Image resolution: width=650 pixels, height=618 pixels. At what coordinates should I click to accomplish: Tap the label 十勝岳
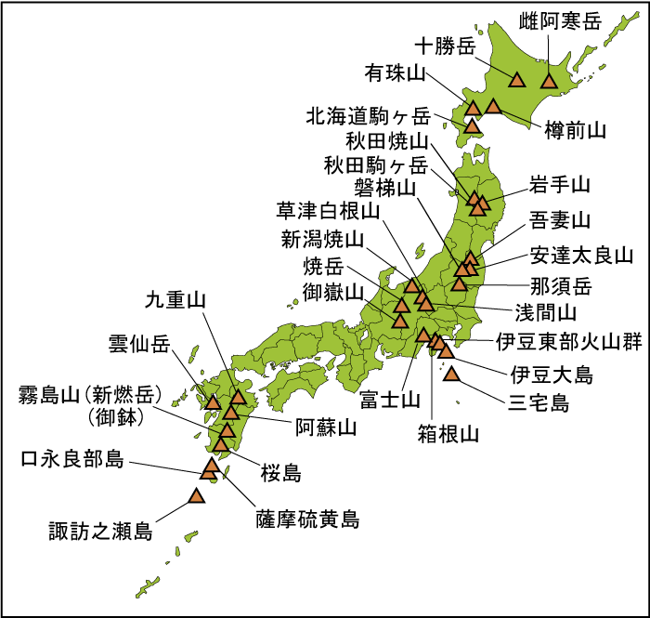coord(444,46)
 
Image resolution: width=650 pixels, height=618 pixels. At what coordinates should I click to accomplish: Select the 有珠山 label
coord(394,72)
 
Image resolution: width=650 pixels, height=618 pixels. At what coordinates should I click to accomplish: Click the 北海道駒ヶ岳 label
coord(369,116)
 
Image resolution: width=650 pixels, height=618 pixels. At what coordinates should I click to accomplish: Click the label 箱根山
coord(448,433)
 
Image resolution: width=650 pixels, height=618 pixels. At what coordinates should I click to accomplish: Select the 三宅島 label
coord(538,403)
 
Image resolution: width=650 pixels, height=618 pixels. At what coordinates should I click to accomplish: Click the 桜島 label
coord(280,473)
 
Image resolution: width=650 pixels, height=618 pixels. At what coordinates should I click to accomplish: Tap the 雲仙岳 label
coord(140,345)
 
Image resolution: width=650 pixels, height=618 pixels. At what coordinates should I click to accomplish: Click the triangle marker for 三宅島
coord(452,375)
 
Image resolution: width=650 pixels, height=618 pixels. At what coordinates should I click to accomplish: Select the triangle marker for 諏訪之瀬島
coord(196,496)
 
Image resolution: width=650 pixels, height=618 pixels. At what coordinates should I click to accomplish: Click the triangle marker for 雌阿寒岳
coord(548,81)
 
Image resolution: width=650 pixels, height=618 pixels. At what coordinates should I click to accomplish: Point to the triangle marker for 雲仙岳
coord(213,403)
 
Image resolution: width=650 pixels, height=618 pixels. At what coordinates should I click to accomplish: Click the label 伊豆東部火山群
coord(568,341)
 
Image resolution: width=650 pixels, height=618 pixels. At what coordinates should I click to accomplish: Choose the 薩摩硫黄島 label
coord(306,519)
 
